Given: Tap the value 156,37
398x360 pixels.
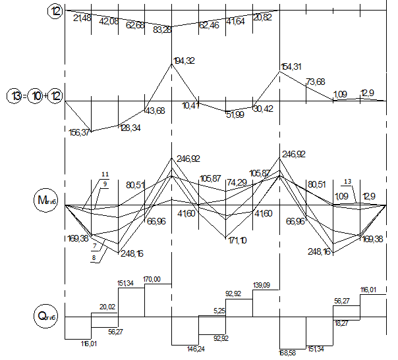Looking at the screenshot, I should [x=80, y=132].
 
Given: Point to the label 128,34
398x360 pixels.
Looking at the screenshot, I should [x=132, y=128].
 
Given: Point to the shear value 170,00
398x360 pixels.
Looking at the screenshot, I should [x=152, y=279].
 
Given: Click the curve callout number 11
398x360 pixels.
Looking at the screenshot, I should [x=104, y=174].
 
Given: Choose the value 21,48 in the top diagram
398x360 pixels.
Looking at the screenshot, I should [x=84, y=18].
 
